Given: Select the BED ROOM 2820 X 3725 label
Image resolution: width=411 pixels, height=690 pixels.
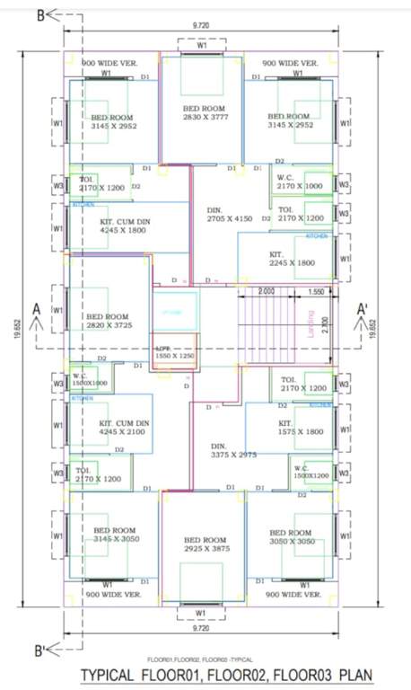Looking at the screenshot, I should [x=108, y=323].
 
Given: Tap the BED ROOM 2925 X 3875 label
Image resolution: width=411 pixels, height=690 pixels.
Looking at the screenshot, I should [x=204, y=544].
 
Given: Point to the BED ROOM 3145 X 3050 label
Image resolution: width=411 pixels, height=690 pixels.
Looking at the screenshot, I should [x=114, y=535].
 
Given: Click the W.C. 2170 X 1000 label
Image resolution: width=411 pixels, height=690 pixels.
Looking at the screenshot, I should [x=299, y=181].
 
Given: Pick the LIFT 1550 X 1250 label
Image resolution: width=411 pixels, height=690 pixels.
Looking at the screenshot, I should [x=174, y=353].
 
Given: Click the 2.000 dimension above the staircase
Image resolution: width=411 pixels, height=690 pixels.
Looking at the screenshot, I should [x=267, y=292].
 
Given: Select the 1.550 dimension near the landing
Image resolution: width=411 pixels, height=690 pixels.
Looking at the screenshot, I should [x=315, y=292].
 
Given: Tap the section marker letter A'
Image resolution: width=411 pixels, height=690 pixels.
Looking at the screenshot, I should [x=363, y=308].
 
